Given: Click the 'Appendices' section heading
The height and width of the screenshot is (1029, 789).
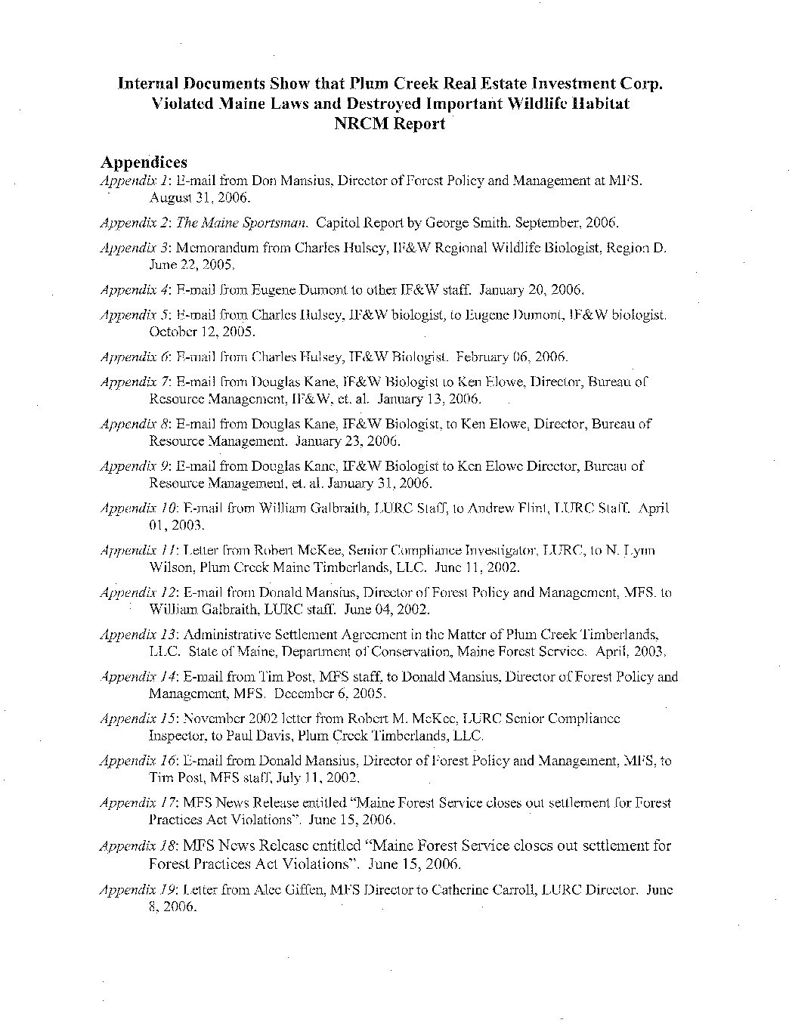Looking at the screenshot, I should pyautogui.click(x=144, y=162).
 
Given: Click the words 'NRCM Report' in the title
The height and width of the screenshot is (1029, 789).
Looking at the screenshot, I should pyautogui.click(x=389, y=124).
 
